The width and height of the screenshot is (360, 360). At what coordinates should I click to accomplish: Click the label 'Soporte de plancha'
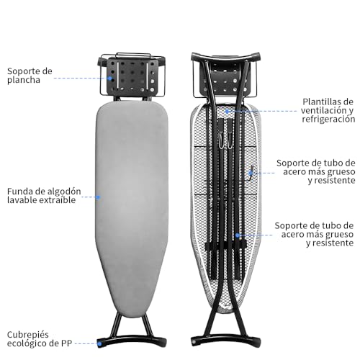coord(30,76)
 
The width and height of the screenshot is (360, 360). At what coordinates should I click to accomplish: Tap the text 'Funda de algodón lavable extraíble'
coord(44,196)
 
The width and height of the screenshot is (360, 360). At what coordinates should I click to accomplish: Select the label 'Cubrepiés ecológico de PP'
coord(40,339)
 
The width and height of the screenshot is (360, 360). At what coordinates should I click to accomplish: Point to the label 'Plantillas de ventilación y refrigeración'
coord(328,110)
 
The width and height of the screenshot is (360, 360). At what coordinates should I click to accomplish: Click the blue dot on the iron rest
coord(110,78)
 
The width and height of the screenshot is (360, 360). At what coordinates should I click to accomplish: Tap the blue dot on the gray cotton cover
coord(98,197)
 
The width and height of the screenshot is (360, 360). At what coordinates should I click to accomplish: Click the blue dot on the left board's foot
coord(99,343)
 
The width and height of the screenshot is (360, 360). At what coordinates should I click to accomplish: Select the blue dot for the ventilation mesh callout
coord(227,111)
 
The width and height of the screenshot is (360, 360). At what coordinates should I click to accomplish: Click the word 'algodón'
coord(63,192)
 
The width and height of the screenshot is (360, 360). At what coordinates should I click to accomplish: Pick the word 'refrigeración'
coord(328,120)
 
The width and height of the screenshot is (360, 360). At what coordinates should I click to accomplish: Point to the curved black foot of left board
coord(132,340)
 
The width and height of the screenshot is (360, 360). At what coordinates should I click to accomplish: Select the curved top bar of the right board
coord(226,58)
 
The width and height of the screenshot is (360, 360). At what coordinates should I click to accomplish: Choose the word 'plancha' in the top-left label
coord(24,80)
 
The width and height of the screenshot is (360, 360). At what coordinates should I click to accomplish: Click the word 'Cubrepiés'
coord(28,335)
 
